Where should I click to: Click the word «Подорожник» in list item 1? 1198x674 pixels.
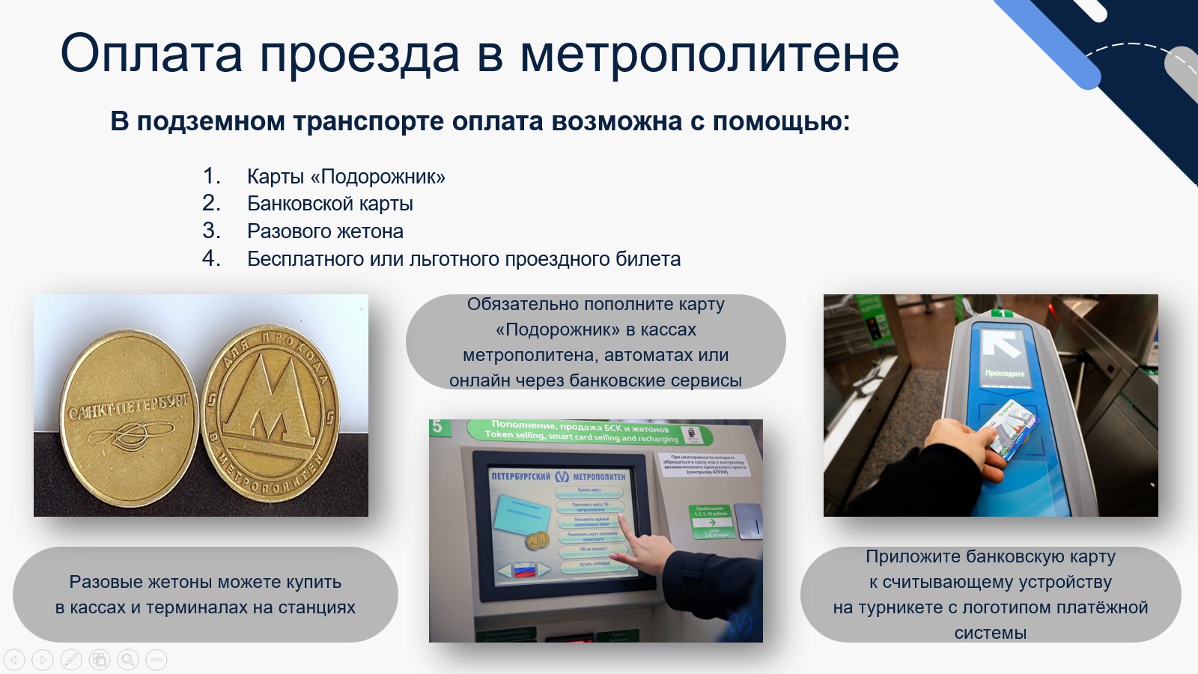coord(383,177)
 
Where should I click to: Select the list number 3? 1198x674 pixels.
coord(210,231)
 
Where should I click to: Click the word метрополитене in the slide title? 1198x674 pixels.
coord(709,54)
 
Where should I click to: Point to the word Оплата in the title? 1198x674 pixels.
coord(151,54)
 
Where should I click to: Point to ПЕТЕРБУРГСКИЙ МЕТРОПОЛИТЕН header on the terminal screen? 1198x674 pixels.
coord(558,476)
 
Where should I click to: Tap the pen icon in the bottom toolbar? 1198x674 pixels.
coord(70,660)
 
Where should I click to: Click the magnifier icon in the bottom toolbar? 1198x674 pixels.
coord(128,660)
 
